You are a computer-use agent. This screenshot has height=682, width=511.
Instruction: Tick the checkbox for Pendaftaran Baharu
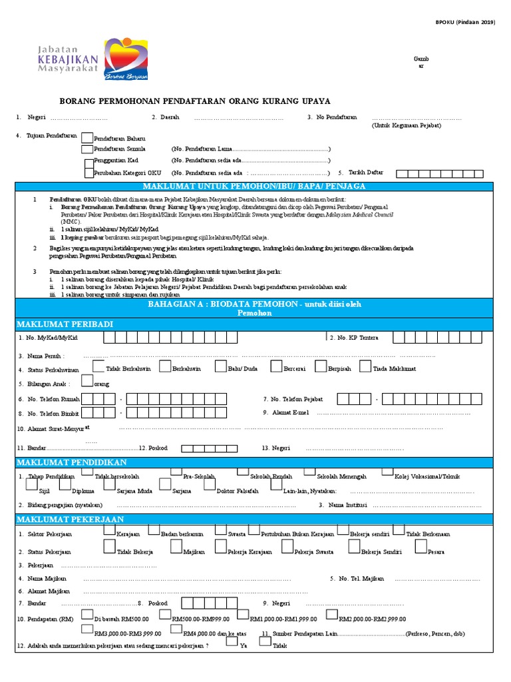point(86,137)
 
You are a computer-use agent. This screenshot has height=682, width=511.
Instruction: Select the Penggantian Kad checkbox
point(88,161)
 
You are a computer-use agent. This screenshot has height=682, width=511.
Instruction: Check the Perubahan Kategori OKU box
point(88,173)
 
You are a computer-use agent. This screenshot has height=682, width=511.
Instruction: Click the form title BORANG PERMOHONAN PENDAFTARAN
point(195,101)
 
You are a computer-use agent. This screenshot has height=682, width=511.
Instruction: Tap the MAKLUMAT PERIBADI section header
point(65,324)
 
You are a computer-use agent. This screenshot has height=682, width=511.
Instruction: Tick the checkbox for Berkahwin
point(164,366)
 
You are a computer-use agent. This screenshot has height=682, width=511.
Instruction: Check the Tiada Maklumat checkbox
point(365,366)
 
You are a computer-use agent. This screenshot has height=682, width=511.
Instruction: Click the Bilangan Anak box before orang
point(86,382)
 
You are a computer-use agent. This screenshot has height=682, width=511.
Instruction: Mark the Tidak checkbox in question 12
point(265,642)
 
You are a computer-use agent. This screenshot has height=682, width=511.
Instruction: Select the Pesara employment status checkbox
point(421,546)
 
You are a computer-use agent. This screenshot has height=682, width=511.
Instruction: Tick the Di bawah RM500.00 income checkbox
point(86,616)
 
